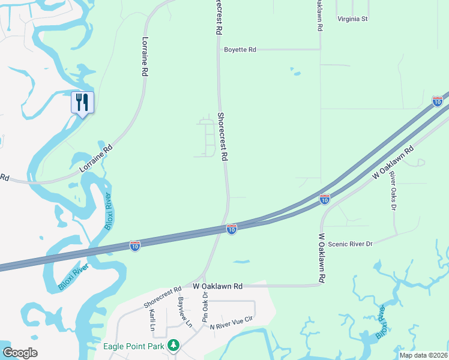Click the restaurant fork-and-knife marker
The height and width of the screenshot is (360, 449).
82,103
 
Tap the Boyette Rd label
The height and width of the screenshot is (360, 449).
240,50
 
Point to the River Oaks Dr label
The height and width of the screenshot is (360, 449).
393,191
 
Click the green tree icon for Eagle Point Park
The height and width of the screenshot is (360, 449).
173,345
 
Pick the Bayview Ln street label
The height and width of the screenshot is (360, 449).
184,313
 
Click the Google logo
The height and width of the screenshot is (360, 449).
20,353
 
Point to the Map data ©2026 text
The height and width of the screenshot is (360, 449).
423,355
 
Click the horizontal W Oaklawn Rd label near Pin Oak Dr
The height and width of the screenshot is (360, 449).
217,287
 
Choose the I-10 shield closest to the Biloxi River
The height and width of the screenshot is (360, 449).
135,246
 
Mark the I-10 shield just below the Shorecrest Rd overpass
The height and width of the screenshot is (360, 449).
231,229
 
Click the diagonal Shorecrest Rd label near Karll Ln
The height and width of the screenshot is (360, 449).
163,298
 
